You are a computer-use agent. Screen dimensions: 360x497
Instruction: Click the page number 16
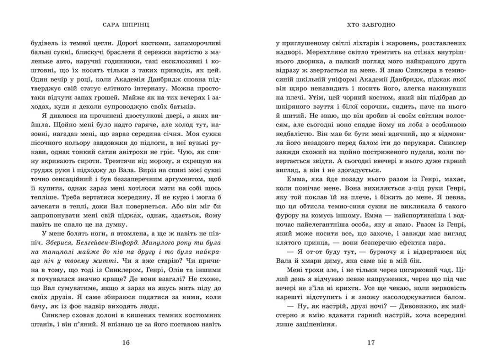(x=124, y=342)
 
